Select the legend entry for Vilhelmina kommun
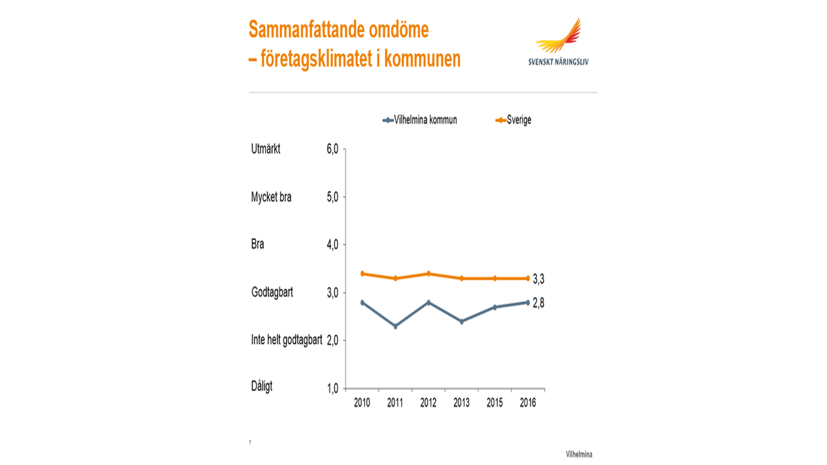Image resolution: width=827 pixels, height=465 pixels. pos(420,120)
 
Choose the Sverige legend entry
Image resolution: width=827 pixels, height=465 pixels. pos(513,120)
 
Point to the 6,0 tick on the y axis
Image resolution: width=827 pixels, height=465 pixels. pos(333,149)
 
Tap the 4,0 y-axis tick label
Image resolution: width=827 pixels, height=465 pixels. pos(333,245)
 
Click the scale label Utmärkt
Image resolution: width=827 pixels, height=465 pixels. pos(266,149)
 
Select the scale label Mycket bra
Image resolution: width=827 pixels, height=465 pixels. pos(271,197)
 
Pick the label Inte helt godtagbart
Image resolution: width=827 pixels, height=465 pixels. pos(286,340)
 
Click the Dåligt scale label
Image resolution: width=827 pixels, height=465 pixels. pos(262,386)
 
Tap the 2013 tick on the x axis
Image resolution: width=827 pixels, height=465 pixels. pos(461,403)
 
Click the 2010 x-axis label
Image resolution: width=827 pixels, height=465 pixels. pos(362,403)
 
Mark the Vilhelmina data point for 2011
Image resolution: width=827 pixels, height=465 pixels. pos(395,326)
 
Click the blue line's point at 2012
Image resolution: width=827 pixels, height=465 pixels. pos(429,303)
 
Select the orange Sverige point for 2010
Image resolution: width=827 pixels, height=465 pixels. pos(362,274)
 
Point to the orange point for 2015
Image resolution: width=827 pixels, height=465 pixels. pos(495,278)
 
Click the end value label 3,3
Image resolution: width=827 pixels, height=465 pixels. pos(538,279)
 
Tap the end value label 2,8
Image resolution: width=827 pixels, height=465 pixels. pos(538,303)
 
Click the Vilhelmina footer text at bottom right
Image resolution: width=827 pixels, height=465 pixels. pos(579,454)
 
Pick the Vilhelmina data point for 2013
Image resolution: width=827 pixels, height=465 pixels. pos(462,321)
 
